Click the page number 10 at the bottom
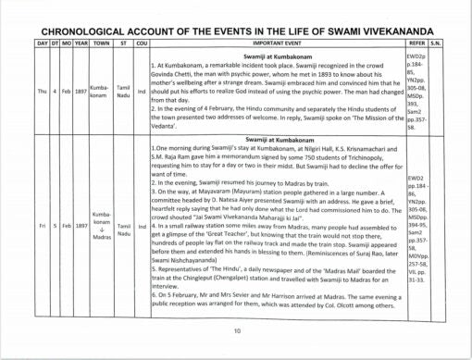click(x=237, y=330)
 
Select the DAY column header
click(x=18, y=43)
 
